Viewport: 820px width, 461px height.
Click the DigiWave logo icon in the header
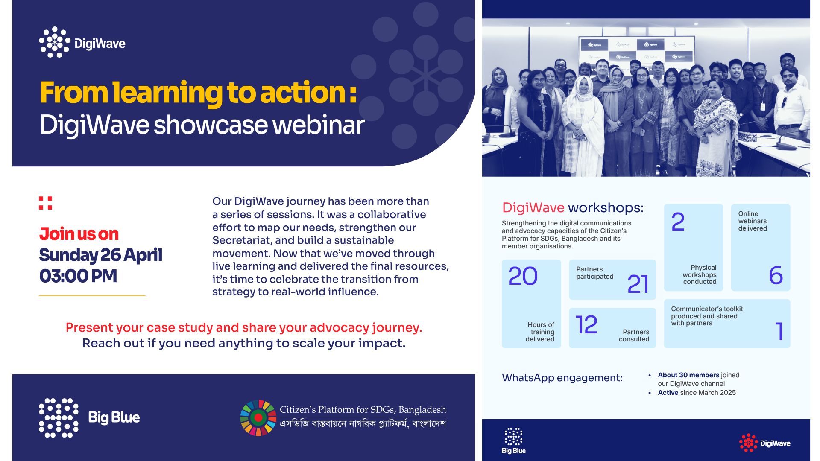point(55,42)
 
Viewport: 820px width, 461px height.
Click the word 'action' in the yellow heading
point(302,92)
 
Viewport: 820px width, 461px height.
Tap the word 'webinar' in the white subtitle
point(319,125)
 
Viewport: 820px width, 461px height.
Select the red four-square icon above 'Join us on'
point(45,203)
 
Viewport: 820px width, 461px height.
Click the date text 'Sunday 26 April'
point(100,255)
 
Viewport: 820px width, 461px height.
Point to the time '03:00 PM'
point(78,276)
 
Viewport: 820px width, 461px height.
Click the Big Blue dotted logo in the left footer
point(59,418)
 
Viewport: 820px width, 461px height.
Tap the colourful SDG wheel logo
point(258,418)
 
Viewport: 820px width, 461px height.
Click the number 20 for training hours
point(523,276)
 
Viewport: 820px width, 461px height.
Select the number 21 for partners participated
point(638,284)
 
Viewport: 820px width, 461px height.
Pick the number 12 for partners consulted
point(586,325)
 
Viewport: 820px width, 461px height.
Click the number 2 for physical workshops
point(678,222)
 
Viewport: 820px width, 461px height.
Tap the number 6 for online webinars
point(776,275)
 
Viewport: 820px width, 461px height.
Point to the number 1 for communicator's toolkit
point(779,331)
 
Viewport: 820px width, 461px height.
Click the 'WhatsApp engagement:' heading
point(562,378)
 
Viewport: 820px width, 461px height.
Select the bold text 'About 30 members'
point(688,375)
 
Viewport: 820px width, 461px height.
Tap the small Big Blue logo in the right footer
point(513,441)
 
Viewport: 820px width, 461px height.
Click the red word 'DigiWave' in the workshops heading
point(533,207)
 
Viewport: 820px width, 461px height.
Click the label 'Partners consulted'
point(634,336)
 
